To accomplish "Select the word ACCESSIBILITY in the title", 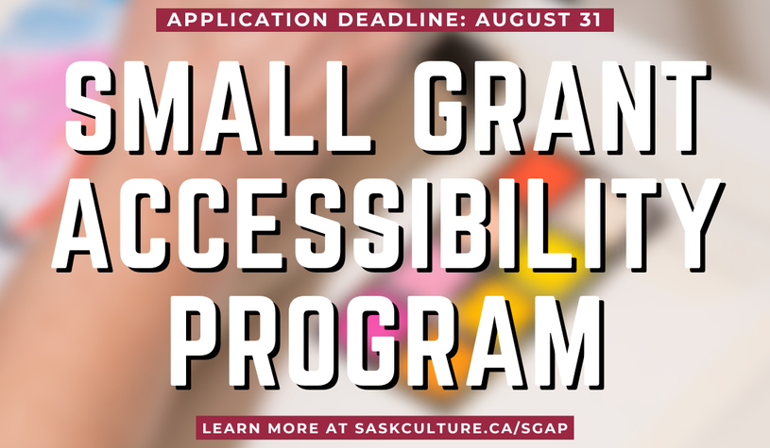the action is tap(388, 224).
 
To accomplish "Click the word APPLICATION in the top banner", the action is tap(248, 20).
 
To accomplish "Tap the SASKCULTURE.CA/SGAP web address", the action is tap(461, 428).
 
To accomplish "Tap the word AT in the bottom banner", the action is tap(336, 428).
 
